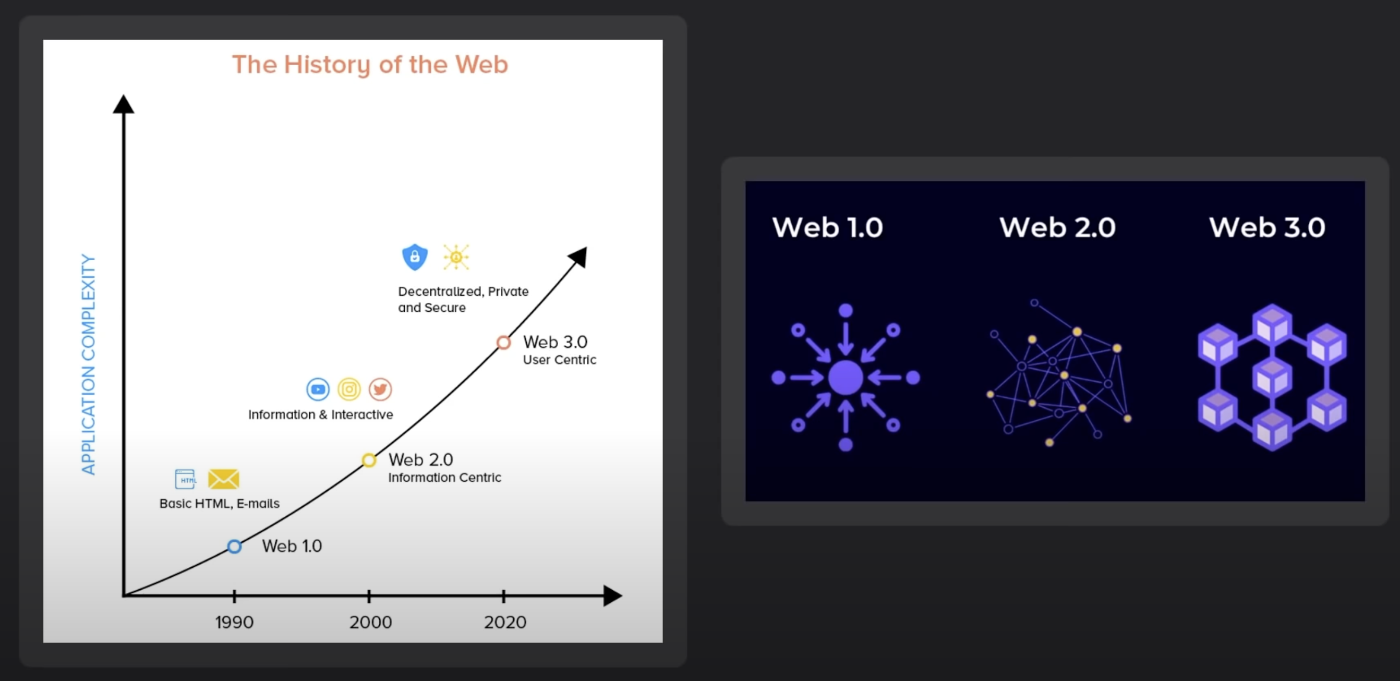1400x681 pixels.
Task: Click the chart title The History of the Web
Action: coord(370,65)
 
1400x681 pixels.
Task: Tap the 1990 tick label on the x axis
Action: coord(234,622)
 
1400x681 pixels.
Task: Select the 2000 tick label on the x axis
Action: coord(370,622)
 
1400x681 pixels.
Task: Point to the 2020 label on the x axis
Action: coord(505,622)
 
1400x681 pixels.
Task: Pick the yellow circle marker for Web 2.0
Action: coord(369,454)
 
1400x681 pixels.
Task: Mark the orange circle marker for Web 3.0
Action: coord(504,336)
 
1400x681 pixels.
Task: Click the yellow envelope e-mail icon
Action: coord(223,479)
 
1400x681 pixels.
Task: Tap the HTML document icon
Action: coord(185,479)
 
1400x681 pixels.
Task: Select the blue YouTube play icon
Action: coord(318,389)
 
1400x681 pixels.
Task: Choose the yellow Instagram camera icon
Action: coord(349,389)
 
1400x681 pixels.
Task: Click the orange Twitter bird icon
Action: coord(380,389)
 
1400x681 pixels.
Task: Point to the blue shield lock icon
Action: coord(415,257)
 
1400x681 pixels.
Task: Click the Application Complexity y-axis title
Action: coord(88,364)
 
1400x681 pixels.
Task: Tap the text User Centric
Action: coord(559,360)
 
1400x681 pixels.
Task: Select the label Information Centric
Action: coord(444,478)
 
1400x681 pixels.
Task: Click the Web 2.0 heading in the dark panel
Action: coord(1057,227)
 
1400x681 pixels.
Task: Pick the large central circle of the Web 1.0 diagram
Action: coord(846,377)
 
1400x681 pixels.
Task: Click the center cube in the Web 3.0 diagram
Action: coord(1272,377)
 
